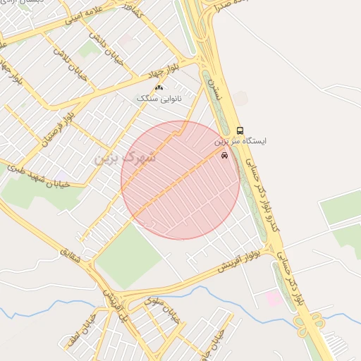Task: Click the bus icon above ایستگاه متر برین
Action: [x=240, y=131]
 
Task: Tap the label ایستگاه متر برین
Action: [x=240, y=142]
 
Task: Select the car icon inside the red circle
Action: [x=224, y=156]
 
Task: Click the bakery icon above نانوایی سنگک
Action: [x=159, y=88]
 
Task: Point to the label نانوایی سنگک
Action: [x=160, y=99]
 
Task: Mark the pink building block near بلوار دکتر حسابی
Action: [x=274, y=298]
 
